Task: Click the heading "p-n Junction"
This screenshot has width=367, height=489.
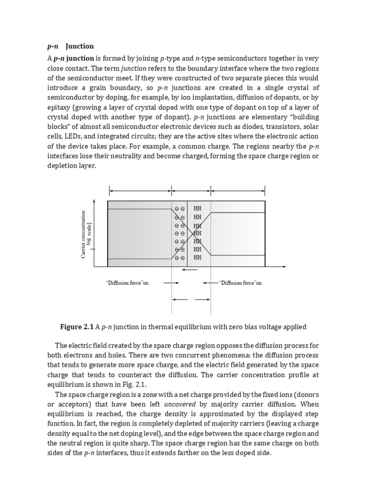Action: click(x=71, y=46)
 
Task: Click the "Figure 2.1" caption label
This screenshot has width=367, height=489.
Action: click(x=76, y=327)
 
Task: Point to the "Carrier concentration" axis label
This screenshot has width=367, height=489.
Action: click(x=84, y=234)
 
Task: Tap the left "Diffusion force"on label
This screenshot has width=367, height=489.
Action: click(x=127, y=283)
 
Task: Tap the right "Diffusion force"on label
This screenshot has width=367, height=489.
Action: click(x=240, y=283)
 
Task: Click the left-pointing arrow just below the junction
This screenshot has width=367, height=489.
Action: click(x=190, y=270)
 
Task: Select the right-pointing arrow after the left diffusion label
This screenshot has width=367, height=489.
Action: click(x=171, y=283)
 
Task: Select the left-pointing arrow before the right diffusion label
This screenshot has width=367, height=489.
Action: click(x=210, y=283)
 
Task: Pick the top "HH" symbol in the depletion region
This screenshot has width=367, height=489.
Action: click(x=197, y=209)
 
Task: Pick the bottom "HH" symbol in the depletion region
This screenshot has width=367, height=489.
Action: click(x=197, y=257)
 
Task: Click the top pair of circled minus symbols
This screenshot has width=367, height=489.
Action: click(x=180, y=209)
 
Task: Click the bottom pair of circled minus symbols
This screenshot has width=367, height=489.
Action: click(x=180, y=258)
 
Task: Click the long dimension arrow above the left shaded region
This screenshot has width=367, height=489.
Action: click(x=140, y=191)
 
